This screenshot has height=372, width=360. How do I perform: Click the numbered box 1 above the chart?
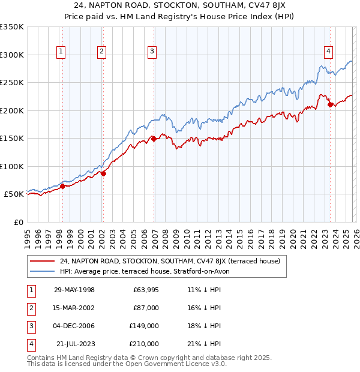pyautogui.click(x=62, y=52)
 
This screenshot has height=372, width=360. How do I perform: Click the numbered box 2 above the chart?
pyautogui.click(x=102, y=52)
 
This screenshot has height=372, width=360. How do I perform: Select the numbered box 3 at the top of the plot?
pyautogui.click(x=152, y=52)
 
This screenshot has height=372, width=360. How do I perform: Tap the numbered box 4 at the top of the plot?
pyautogui.click(x=329, y=52)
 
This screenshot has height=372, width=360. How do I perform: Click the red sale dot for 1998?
pyautogui.click(x=62, y=186)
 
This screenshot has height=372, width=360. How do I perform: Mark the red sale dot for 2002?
pyautogui.click(x=103, y=173)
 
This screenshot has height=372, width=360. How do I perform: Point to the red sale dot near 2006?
pyautogui.click(x=153, y=139)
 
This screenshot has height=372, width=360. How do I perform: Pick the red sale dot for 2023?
pyautogui.click(x=329, y=105)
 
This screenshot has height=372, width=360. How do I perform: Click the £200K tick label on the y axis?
pyautogui.click(x=13, y=110)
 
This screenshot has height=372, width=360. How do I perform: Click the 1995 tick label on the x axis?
pyautogui.click(x=28, y=237)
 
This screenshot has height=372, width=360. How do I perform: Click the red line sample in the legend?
pyautogui.click(x=43, y=261)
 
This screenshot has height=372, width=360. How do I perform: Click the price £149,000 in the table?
pyautogui.click(x=144, y=326)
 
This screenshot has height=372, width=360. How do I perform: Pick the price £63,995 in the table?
pyautogui.click(x=146, y=289)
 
